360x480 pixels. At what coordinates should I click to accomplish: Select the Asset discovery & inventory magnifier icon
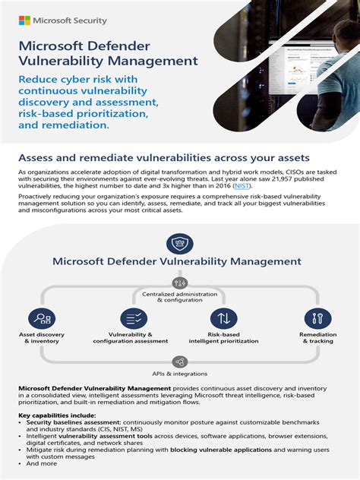point(42,319)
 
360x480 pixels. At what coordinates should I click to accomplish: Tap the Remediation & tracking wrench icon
point(316,319)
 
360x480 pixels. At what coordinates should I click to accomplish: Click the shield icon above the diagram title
point(179,244)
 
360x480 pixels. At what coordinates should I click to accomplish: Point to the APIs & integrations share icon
point(179,362)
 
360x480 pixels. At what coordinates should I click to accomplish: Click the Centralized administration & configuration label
point(180,296)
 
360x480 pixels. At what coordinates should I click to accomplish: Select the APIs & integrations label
point(180,374)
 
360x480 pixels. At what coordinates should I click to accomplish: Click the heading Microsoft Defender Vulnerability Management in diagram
point(177,262)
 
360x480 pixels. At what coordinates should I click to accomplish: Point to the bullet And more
point(41,463)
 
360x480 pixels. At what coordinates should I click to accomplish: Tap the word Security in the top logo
point(90,21)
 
